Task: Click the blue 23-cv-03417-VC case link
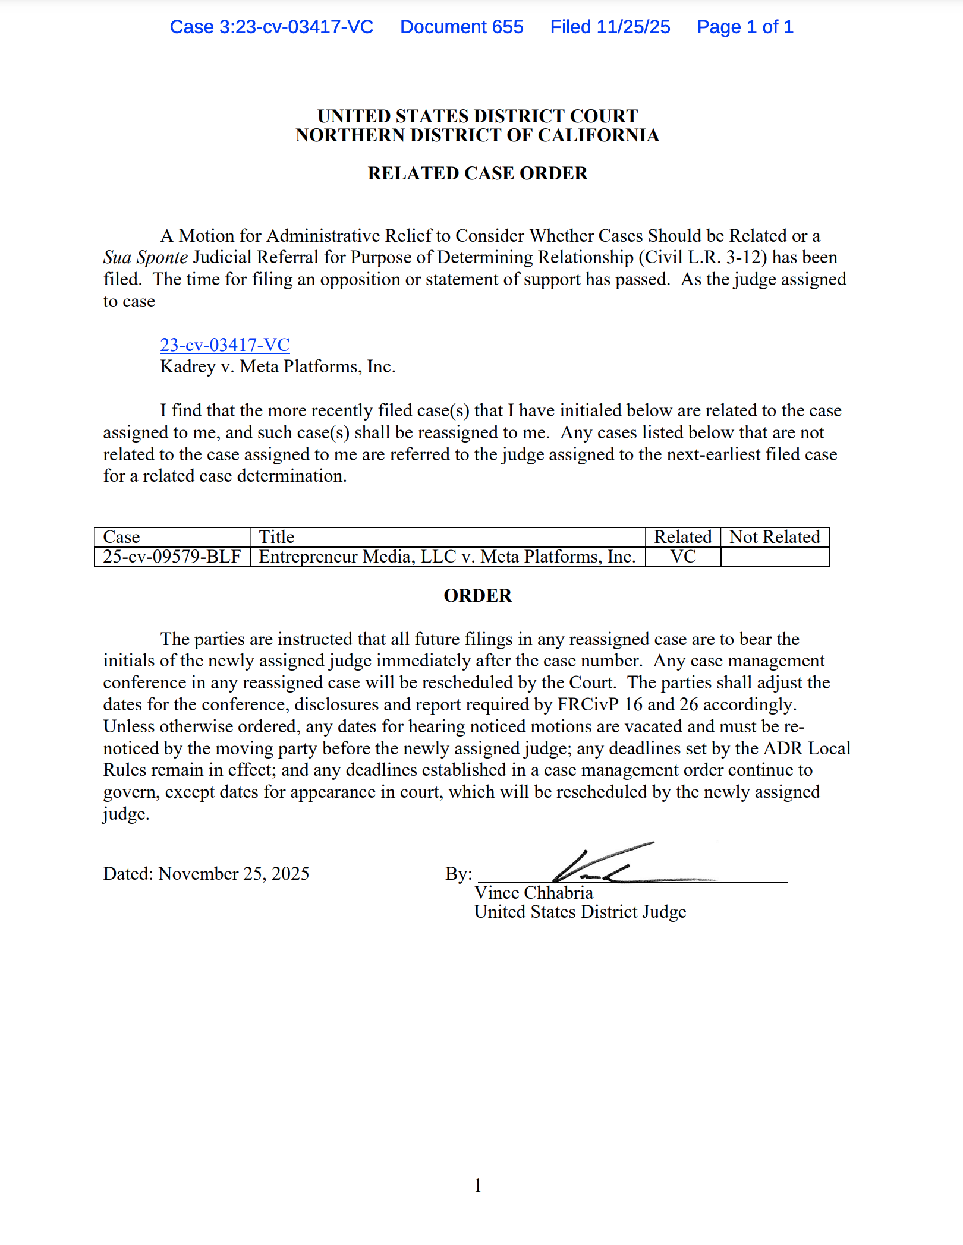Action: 225,345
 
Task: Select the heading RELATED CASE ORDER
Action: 477,173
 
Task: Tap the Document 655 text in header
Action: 461,27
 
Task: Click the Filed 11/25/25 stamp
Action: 610,27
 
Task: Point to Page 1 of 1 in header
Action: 745,27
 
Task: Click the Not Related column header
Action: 775,537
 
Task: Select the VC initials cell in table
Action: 683,557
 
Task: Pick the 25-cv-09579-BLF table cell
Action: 172,557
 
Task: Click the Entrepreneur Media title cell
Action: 447,557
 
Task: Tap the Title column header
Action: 277,537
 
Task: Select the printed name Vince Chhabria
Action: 533,893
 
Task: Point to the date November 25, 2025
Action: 234,874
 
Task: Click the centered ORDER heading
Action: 477,596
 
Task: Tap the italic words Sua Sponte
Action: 146,258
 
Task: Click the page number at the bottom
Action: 477,1186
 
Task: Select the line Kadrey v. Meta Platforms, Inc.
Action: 278,366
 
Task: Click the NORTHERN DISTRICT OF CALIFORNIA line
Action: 477,135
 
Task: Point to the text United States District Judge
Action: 580,912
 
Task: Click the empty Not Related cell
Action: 775,557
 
